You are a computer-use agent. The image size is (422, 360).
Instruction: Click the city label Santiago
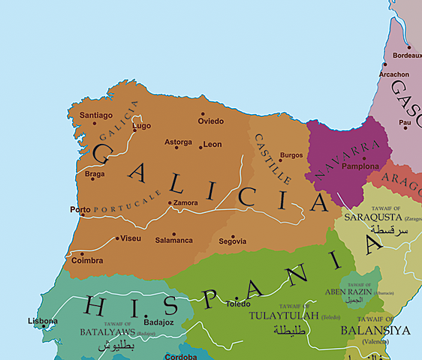[96, 115]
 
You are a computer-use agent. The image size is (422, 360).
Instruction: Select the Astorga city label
[178, 142]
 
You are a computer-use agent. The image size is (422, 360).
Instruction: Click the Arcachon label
[394, 75]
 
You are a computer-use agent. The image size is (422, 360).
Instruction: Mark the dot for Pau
[405, 127]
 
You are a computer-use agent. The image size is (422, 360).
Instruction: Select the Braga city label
[95, 175]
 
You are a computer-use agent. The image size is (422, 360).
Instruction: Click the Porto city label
[79, 209]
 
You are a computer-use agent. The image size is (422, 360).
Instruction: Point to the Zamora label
[185, 202]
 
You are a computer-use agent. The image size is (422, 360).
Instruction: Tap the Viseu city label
[130, 238]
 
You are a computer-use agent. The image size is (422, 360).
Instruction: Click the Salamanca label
[173, 240]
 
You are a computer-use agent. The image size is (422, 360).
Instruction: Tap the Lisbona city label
[42, 321]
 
